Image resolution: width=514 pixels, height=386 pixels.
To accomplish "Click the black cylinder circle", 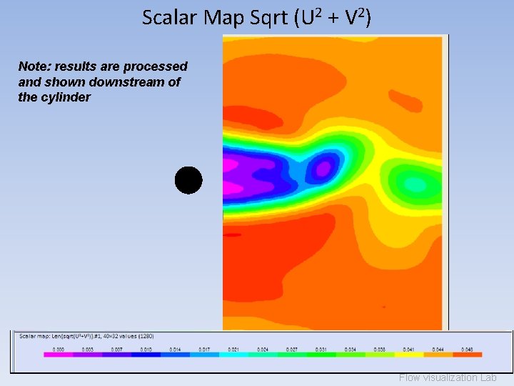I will coord(188,180).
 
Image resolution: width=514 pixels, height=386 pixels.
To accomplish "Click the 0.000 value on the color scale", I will coord(58,349).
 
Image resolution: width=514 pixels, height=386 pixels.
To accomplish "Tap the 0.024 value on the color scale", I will coord(262,349).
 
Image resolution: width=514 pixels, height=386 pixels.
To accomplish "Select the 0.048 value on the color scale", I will coord(467,349).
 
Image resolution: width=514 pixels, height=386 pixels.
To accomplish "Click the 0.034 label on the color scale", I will coord(350,349).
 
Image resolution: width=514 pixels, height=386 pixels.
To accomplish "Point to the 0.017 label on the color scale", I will coord(203,349).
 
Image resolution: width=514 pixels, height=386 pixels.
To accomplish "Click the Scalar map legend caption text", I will coord(86,336).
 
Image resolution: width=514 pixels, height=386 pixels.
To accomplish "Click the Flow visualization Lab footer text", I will coord(448,377).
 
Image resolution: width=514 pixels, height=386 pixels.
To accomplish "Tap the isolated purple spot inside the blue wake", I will coord(323,169).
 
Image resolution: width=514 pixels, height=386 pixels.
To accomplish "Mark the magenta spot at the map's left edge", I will coord(229,164).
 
